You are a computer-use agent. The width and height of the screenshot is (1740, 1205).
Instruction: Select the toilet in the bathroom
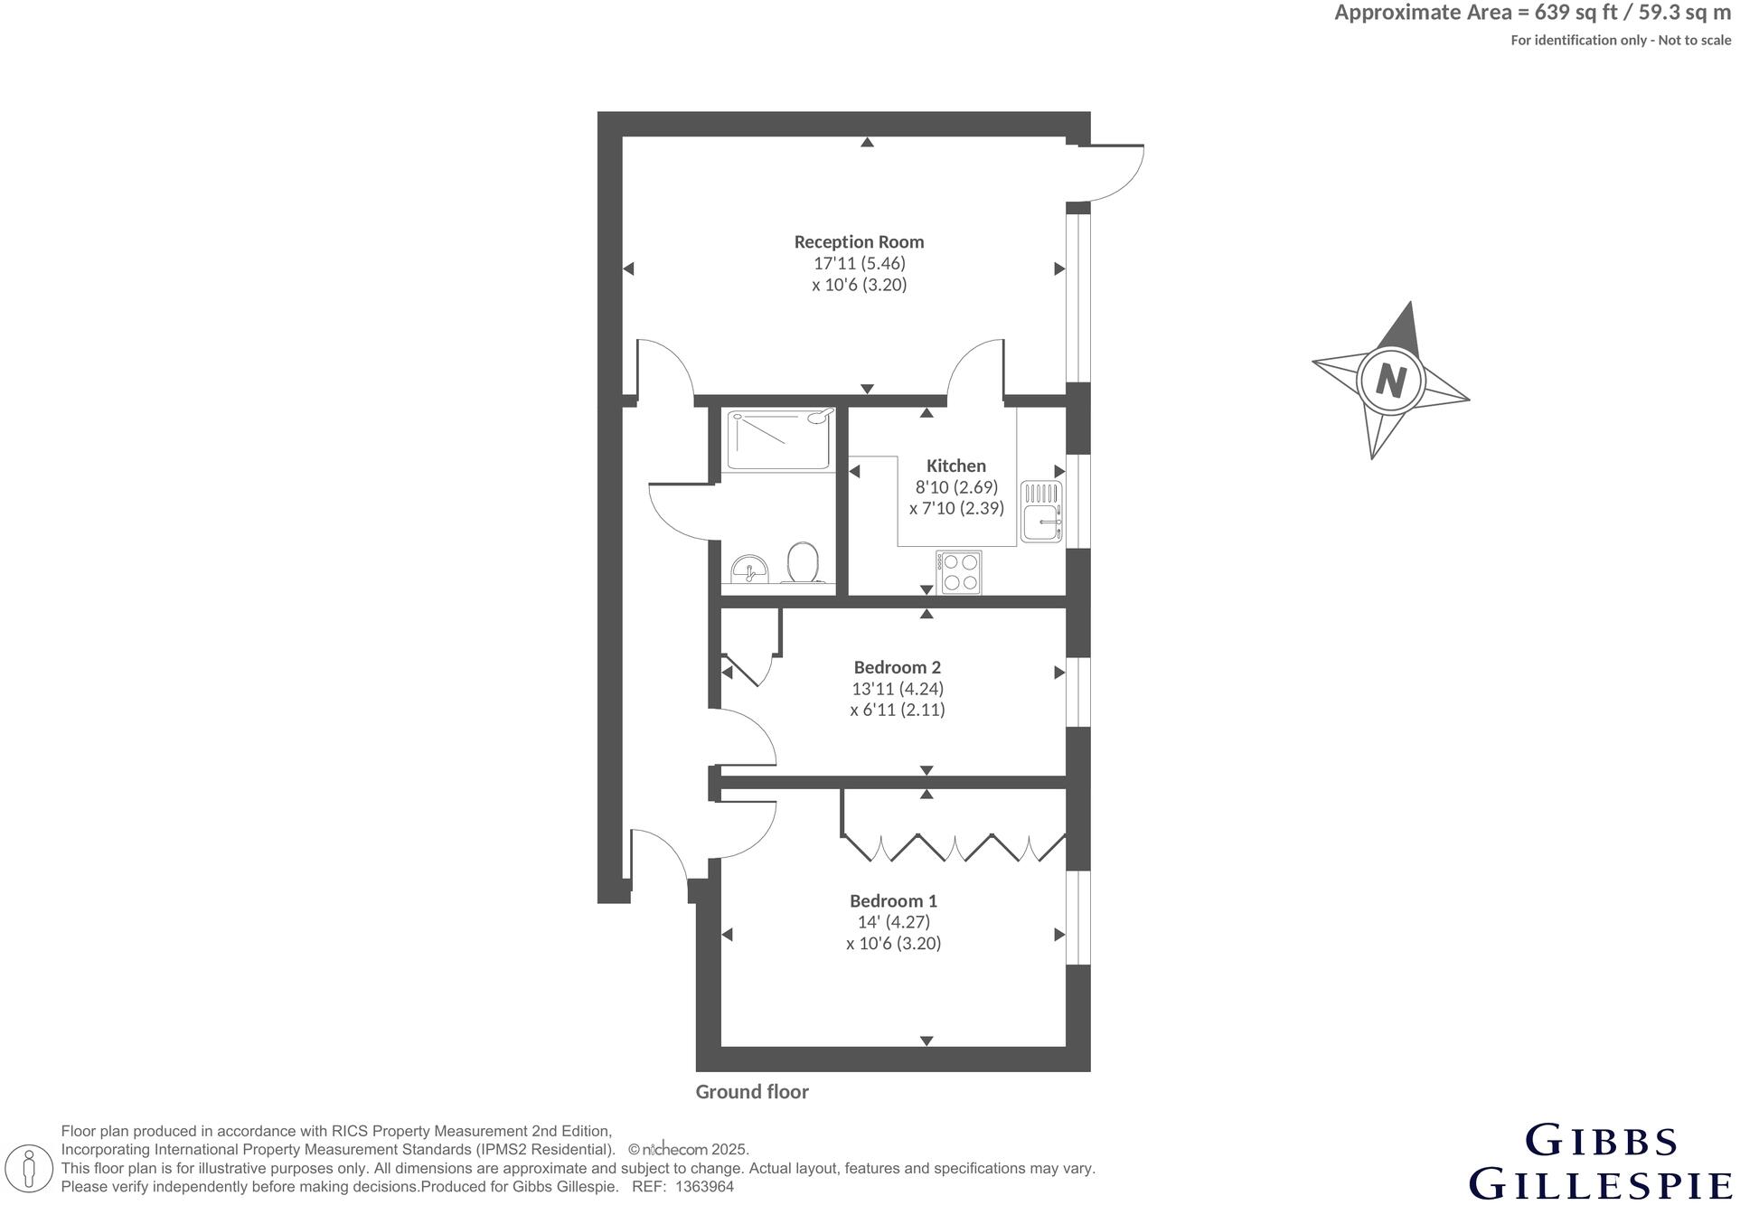(x=804, y=563)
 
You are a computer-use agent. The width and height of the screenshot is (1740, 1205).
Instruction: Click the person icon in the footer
(x=31, y=1167)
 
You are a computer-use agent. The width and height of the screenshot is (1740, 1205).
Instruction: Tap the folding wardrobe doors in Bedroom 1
(x=955, y=847)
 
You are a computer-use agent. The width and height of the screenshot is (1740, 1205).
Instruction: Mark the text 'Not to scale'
(x=1695, y=41)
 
